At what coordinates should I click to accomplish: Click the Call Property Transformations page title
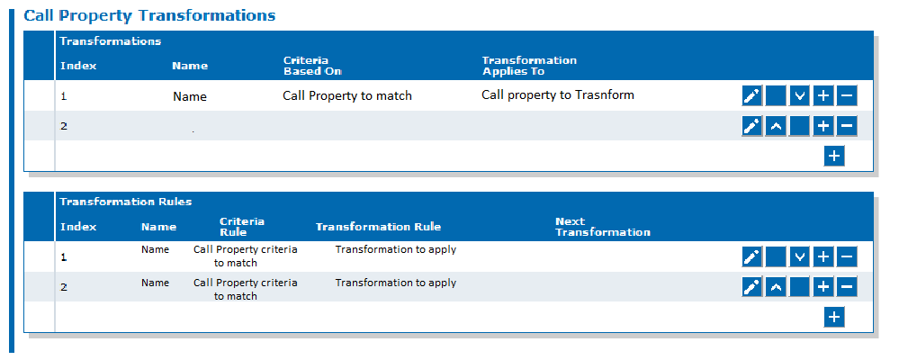click(149, 15)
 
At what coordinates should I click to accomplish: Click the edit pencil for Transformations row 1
click(751, 95)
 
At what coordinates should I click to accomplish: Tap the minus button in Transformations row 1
click(847, 95)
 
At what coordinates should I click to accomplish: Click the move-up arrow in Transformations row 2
click(776, 126)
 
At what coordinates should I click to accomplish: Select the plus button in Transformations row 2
click(823, 126)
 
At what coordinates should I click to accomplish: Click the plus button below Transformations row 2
click(834, 156)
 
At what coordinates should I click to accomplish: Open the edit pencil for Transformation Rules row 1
click(751, 256)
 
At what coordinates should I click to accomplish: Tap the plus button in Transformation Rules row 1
click(823, 256)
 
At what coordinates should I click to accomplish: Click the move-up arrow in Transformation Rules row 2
click(776, 286)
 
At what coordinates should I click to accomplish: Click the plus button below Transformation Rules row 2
click(834, 317)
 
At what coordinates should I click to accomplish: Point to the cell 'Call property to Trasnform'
click(558, 95)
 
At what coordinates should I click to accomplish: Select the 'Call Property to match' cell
click(347, 95)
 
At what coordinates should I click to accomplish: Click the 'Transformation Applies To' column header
click(529, 66)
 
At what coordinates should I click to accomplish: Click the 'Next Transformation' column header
click(603, 227)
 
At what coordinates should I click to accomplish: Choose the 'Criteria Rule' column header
click(241, 227)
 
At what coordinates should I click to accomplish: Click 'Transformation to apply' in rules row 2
click(396, 283)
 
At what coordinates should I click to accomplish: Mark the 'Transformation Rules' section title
click(126, 202)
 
